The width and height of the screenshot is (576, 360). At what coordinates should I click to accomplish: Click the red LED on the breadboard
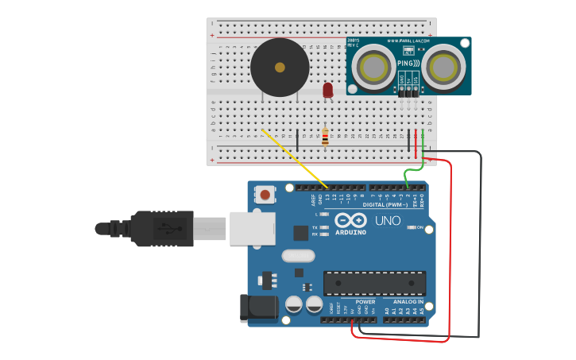coord(327,91)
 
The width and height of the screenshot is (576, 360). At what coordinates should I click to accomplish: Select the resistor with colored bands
coord(325,137)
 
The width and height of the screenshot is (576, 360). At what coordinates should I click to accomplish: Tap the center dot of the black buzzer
coord(279,68)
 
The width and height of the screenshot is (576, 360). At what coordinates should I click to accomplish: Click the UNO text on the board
coord(387,220)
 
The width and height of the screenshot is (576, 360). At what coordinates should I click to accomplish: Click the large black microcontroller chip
coord(373,283)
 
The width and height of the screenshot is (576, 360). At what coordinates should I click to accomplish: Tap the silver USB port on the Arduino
coord(252,227)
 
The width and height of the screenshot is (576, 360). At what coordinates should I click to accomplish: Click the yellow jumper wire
coord(294,159)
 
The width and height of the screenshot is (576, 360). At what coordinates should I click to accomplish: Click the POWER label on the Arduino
coord(365,302)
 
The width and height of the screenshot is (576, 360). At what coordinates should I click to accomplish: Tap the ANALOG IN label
coord(408,302)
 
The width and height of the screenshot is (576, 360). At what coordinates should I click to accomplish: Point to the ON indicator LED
coord(411,227)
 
